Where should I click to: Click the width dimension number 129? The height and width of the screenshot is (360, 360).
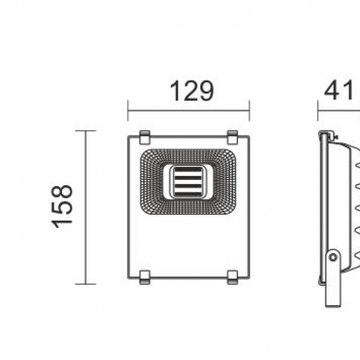coord(192,92)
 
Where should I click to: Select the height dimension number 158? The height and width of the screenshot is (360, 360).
coord(63,206)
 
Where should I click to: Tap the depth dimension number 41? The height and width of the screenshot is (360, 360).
coord(339,92)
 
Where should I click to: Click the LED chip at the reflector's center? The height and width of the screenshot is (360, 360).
coord(188,181)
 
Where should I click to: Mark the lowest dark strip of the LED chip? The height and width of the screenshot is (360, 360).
coord(188,192)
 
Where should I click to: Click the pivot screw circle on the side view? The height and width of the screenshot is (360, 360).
coord(333,257)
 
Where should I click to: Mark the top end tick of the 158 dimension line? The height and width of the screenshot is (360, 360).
coord(86,131)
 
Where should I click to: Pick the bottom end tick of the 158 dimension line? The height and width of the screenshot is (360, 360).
coord(86,284)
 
